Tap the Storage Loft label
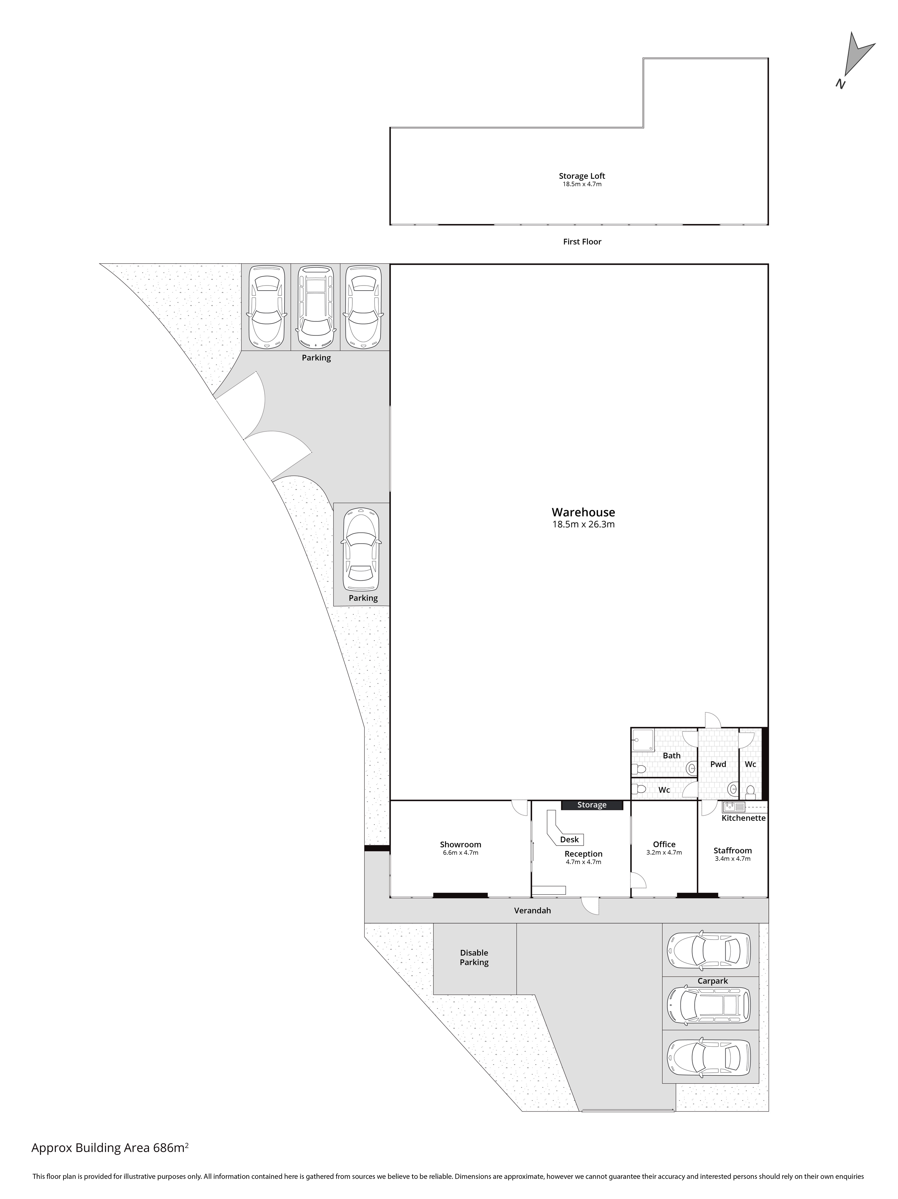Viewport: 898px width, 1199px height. tap(582, 176)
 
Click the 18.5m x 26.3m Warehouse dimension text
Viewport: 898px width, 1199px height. tap(583, 524)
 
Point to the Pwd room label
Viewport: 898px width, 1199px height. tap(718, 764)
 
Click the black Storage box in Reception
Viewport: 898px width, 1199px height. tap(592, 805)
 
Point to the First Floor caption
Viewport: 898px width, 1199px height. tap(582, 242)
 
